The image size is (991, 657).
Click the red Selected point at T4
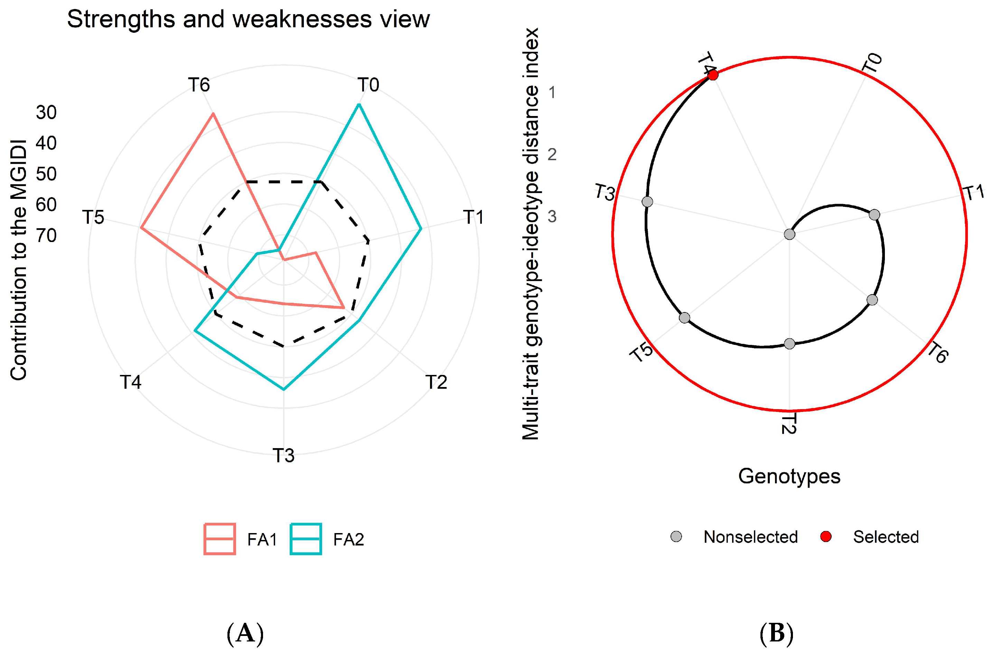[712, 75]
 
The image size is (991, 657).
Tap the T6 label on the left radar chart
[199, 85]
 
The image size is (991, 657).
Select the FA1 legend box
[220, 539]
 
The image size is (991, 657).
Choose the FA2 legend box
[306, 539]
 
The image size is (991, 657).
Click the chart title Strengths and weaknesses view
[248, 19]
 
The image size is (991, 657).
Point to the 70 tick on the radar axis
[46, 236]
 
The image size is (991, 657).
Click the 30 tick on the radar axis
[46, 113]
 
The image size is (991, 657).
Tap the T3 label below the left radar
[283, 455]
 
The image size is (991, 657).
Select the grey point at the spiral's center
[789, 234]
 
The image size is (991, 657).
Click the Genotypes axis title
[789, 476]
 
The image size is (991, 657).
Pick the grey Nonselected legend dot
[676, 536]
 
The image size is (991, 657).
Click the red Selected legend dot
[826, 536]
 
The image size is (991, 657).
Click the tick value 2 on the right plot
[552, 155]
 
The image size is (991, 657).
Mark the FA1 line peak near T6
[213, 113]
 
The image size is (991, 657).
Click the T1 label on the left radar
[474, 217]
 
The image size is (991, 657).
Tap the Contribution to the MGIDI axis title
[19, 260]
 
